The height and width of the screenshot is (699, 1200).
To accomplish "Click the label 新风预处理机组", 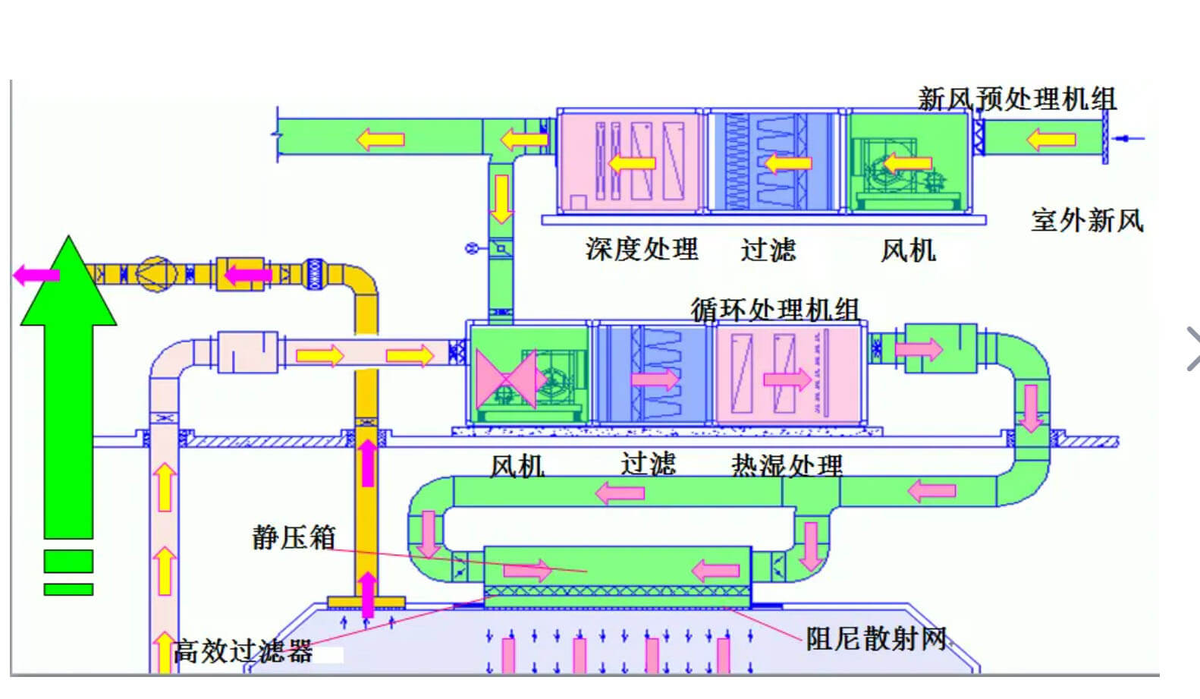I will click(x=1016, y=99).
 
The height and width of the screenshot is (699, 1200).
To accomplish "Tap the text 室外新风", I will click(x=1086, y=221).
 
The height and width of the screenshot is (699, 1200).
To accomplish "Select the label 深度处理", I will click(x=642, y=249).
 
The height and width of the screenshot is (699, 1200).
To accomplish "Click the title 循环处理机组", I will click(x=774, y=310).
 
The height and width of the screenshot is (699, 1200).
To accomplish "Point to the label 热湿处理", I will click(x=787, y=465).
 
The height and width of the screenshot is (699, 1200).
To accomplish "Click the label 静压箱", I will click(x=294, y=537).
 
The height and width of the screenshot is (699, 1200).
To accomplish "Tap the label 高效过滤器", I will click(x=243, y=651).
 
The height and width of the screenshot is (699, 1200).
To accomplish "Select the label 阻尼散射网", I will click(x=876, y=638).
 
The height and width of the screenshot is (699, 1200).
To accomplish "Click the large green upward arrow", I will click(x=68, y=379).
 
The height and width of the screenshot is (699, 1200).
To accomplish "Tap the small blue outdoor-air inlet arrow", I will click(x=1131, y=138).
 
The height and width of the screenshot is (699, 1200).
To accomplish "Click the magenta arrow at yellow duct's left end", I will click(x=36, y=275).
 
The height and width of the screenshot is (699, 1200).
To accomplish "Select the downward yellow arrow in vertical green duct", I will click(x=501, y=199).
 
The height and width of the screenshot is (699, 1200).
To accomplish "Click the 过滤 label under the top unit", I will click(x=768, y=250).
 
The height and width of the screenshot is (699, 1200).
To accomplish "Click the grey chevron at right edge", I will click(x=1192, y=348).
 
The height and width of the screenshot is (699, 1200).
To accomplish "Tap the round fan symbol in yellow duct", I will click(x=155, y=273).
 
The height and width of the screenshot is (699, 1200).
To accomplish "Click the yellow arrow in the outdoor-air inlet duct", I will click(x=1051, y=140).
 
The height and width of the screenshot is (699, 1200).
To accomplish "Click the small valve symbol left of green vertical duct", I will click(x=472, y=248).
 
